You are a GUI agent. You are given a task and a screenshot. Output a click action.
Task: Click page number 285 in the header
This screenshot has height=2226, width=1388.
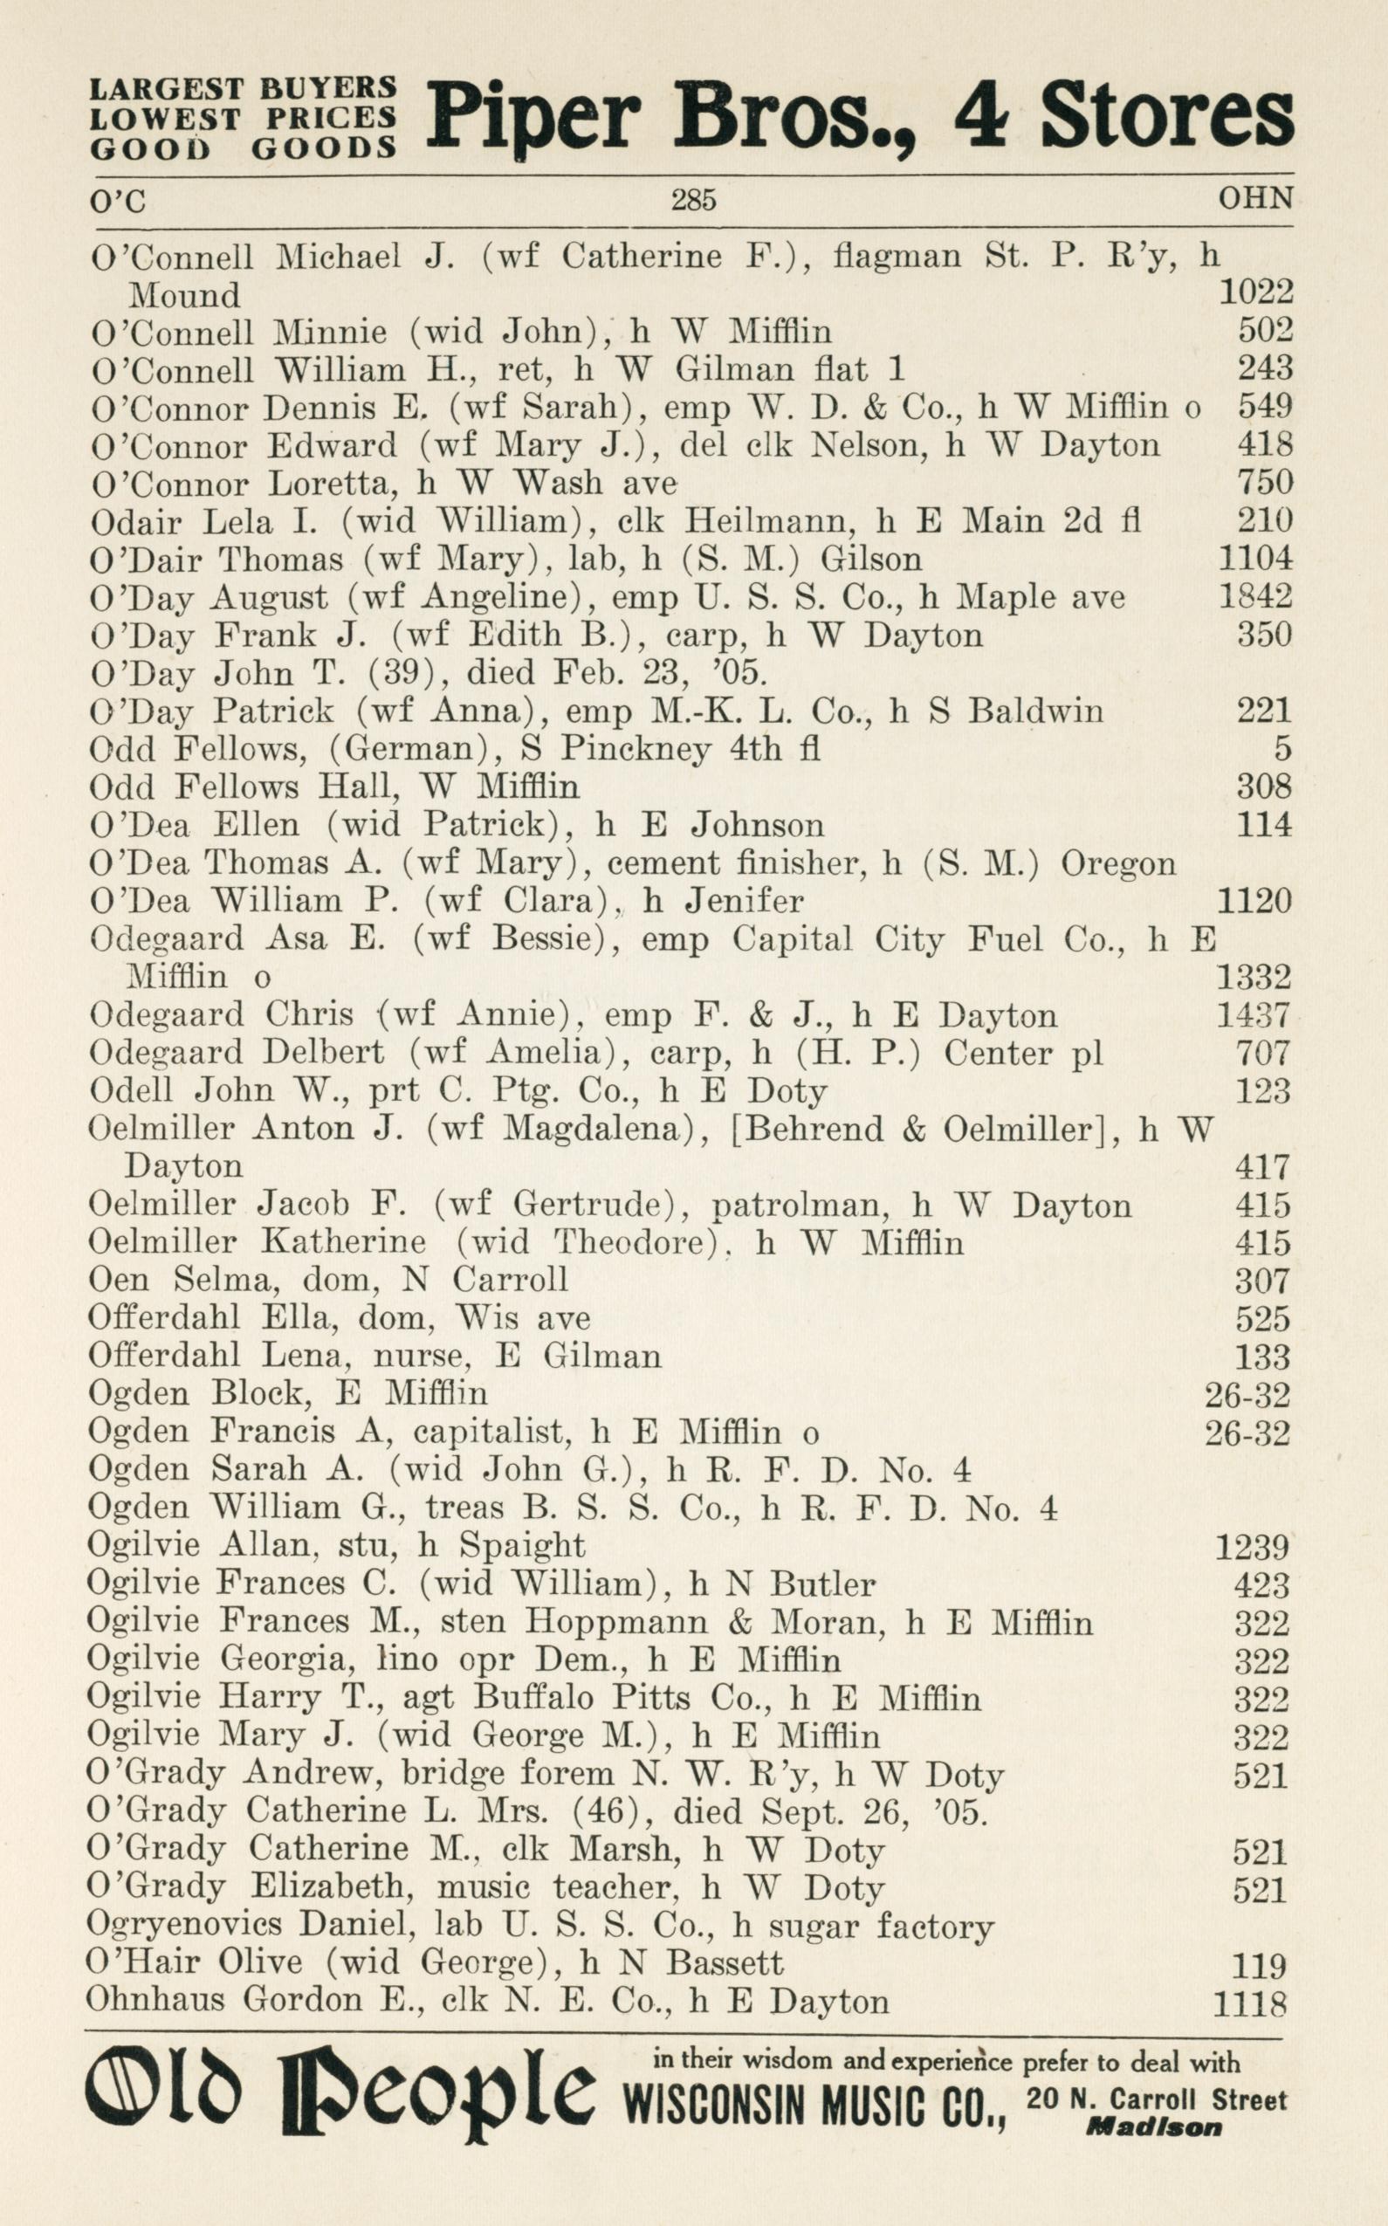[x=693, y=199]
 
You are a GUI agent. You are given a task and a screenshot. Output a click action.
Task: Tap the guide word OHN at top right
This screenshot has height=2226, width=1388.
[x=1255, y=198]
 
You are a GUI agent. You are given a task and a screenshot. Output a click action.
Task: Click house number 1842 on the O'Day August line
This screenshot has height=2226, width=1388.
[x=1255, y=598]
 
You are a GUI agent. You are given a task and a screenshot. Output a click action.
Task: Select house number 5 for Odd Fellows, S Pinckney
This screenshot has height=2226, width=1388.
[x=1282, y=749]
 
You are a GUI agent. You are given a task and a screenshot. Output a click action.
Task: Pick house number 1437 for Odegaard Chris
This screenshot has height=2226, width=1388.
[x=1253, y=1015]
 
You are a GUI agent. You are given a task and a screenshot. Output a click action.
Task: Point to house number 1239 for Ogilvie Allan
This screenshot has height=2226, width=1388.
[x=1252, y=1548]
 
